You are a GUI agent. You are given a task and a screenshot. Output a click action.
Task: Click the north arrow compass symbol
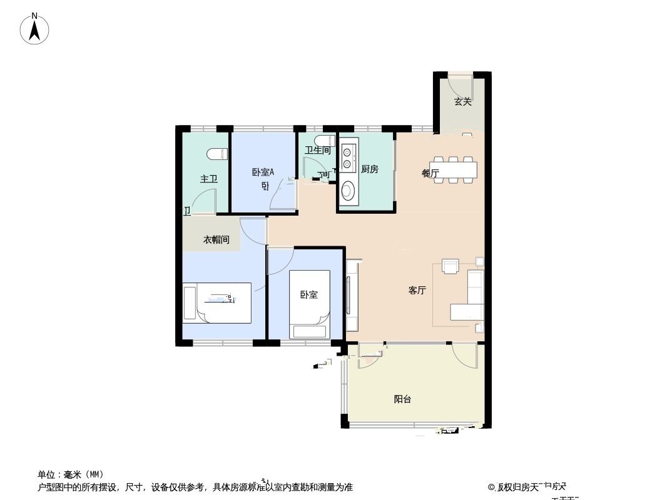(34, 29)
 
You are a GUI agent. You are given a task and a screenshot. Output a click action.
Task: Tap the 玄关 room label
(462, 102)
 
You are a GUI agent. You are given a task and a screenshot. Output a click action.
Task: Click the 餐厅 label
(430, 173)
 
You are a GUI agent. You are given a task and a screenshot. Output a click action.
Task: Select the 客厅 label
(417, 290)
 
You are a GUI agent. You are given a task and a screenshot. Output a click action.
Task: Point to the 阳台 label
(402, 399)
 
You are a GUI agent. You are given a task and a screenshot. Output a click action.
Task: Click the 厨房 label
(370, 169)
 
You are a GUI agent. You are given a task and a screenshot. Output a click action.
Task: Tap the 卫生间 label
(317, 150)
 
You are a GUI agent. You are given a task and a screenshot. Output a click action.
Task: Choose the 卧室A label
(263, 172)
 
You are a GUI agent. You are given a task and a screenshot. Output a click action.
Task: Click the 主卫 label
(208, 179)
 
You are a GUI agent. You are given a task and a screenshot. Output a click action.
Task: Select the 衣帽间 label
(216, 239)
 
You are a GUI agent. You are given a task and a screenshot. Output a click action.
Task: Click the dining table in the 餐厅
(455, 169)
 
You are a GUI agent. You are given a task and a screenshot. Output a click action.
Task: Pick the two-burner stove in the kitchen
(348, 156)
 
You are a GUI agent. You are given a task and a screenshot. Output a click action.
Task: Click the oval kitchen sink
(348, 190)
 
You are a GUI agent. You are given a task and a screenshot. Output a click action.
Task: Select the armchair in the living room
(451, 266)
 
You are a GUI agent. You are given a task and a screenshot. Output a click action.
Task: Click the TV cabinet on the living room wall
(352, 295)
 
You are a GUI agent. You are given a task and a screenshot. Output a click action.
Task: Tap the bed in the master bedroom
(217, 302)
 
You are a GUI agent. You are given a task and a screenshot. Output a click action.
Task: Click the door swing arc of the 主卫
(201, 200)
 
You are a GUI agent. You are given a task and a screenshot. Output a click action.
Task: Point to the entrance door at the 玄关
(462, 86)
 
